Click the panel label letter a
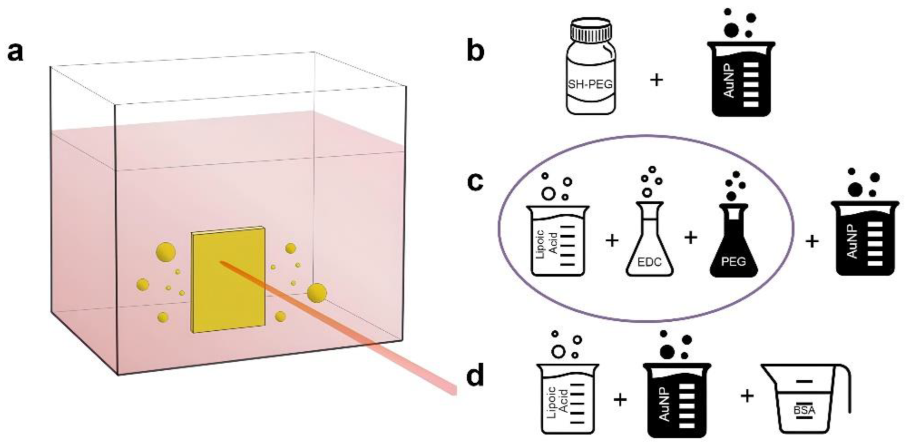pos(15,52)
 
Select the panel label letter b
pos(476,51)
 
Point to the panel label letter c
pos(476,182)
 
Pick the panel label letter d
pos(476,376)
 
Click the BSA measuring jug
pos(799,400)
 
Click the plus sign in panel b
pos(656,79)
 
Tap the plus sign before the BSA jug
pos(747,395)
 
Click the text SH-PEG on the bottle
pos(590,85)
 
